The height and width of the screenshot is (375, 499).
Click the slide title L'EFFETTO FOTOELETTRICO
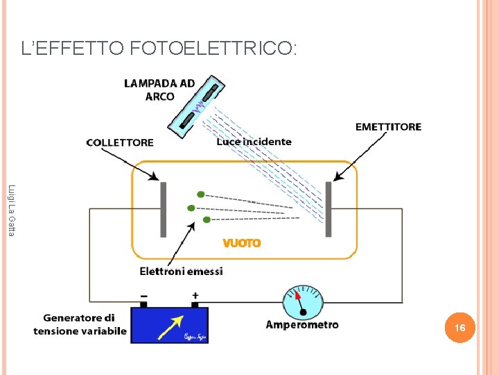159,49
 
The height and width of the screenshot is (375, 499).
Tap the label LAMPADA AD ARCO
159,90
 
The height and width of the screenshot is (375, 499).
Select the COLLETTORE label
120,142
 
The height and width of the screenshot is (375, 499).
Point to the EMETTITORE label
388,127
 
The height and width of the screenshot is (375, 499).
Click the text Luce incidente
254,142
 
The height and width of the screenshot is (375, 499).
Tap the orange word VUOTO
242,243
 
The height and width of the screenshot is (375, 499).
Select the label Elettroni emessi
182,272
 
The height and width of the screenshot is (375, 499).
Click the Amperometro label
302,324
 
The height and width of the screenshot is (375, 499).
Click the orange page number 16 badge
459,327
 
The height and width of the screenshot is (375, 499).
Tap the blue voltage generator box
169,325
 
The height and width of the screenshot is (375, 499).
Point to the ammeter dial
303,301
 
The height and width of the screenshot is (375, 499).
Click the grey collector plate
164,209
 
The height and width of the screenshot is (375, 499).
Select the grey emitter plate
329,209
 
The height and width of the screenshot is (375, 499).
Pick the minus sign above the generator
143,295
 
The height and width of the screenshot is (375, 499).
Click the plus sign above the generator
195,295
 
